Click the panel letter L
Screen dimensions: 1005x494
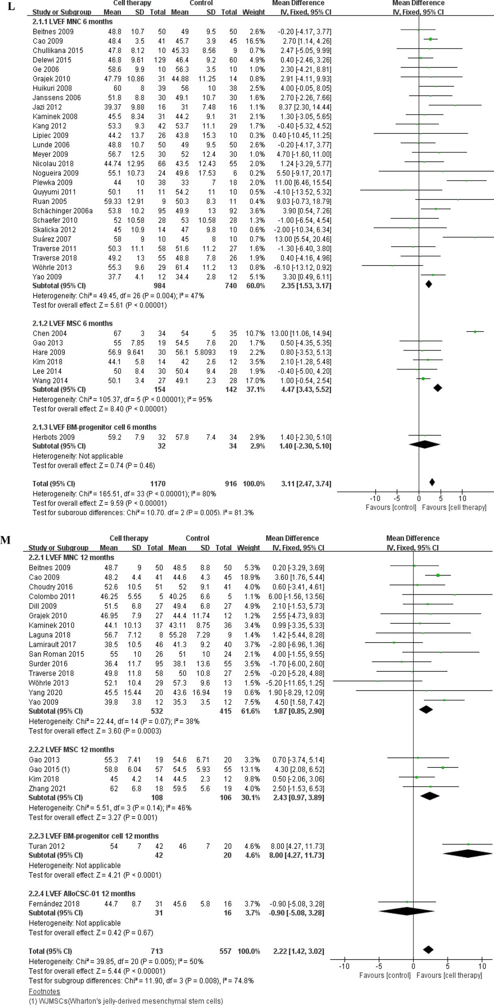pos(11,7)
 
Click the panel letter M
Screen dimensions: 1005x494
pos(5,540)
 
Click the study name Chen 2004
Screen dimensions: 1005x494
pos(49,333)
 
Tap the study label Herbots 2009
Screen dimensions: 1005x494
pos(54,437)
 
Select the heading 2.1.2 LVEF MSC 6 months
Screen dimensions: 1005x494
pos(73,323)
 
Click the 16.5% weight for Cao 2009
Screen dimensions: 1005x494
pos(256,41)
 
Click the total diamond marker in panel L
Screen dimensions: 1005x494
pos(432,482)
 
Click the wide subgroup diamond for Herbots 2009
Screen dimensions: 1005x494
pos(425,445)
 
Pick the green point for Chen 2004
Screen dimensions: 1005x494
pos(475,332)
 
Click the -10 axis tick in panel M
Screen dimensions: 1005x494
pos(344,966)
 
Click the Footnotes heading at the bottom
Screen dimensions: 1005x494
pos(44,991)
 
